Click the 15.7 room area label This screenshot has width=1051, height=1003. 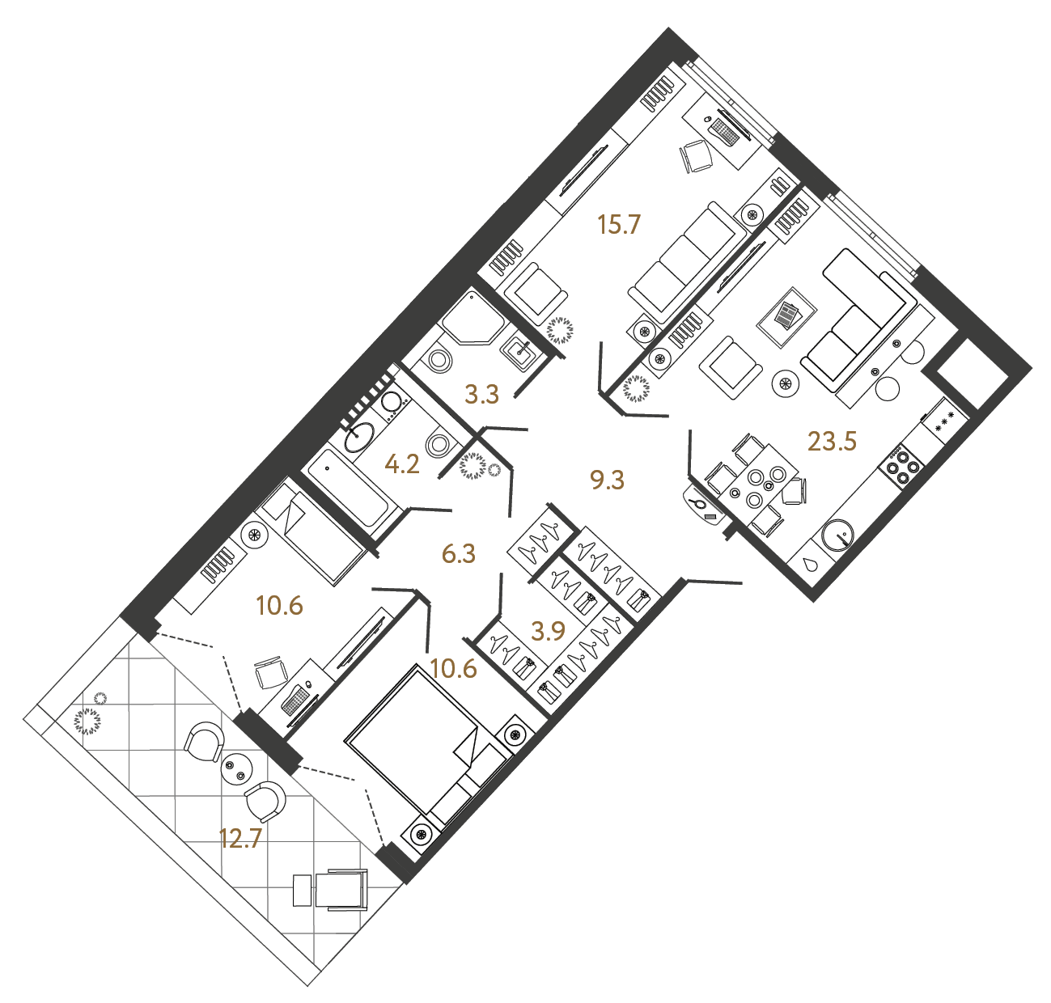click(618, 224)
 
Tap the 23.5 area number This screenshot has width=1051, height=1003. click(832, 442)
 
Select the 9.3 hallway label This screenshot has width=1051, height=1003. click(607, 480)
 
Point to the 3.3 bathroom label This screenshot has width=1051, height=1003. click(481, 395)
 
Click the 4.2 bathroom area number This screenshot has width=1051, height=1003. click(402, 464)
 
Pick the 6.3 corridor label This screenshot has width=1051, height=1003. click(459, 554)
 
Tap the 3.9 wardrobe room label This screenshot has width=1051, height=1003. click(548, 631)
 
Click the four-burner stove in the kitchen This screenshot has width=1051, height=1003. click(903, 467)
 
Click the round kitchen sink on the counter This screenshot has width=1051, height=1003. click(837, 535)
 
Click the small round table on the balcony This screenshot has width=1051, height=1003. click(237, 767)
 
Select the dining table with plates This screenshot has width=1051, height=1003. click(758, 486)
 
